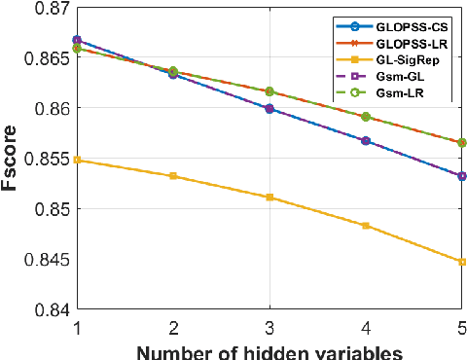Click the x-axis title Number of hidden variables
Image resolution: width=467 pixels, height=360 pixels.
[269, 349]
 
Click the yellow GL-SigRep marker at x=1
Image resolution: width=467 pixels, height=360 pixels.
[77, 160]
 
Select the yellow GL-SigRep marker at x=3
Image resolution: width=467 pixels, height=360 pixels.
[269, 198]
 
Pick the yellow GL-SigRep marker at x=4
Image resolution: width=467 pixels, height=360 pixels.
[366, 226]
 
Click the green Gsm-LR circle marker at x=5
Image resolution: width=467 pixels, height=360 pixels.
[461, 142]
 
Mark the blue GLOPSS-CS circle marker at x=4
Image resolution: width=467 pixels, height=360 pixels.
[366, 140]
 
